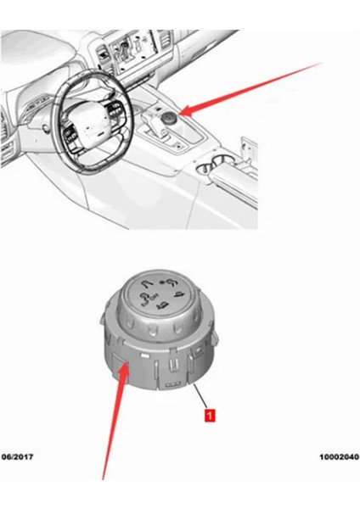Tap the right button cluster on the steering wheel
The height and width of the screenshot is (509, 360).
(115, 113)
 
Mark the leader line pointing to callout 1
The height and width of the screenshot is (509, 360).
(202, 397)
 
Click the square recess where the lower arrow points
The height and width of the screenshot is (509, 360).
(120, 372)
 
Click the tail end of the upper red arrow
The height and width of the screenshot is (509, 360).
(323, 64)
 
